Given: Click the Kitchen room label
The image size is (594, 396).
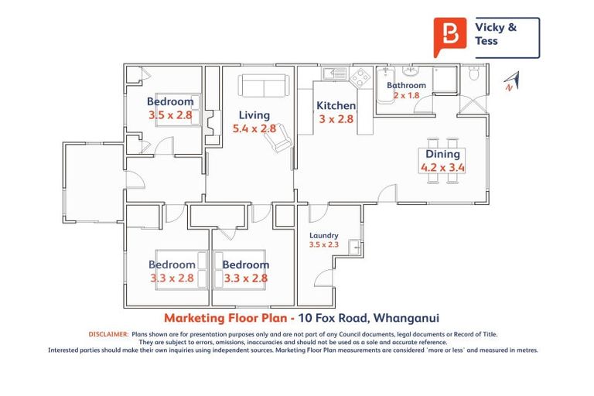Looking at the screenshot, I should point(336,106).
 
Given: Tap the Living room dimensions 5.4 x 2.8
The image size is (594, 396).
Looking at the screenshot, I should point(254,129).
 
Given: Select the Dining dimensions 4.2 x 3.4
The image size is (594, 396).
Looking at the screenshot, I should point(442,166).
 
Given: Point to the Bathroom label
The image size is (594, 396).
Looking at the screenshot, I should point(406,85).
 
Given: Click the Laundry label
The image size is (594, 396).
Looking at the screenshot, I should point(323,236).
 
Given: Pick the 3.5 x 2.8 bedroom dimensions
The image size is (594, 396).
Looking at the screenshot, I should point(170,114).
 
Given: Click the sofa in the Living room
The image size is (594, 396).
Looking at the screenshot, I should point(263,85).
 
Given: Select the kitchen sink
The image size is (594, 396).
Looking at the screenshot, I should point(335,74).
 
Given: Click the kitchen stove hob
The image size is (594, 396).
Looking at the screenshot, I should point(360,77).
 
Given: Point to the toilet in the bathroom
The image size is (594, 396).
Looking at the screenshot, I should point(475,74).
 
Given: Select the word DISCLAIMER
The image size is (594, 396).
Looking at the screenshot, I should point(108,334).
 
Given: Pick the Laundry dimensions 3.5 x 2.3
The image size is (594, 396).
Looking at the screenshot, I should point(323,244).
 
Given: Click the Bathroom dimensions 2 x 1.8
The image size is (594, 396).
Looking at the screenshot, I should point(406,95).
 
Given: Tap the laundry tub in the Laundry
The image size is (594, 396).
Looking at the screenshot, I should point(354,247).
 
